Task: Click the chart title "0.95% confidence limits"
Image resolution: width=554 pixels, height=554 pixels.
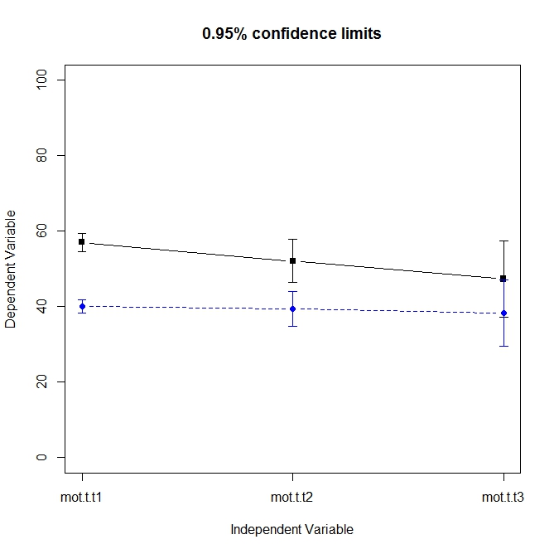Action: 291,34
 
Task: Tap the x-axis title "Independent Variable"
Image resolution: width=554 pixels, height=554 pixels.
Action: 291,530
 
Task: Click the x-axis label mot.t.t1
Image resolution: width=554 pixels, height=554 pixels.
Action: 82,498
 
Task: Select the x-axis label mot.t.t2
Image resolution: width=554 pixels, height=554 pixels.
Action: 292,498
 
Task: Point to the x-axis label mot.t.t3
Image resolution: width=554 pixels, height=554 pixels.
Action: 503,498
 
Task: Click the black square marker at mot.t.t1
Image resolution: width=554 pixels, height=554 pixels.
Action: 82,241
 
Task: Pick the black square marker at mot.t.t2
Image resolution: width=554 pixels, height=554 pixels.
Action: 292,260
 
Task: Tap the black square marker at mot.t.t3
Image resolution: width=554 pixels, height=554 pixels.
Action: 503,279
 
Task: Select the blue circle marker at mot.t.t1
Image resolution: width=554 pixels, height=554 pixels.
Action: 82,306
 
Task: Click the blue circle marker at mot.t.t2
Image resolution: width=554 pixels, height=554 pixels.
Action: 292,309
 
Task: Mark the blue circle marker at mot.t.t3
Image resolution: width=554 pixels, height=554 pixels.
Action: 503,313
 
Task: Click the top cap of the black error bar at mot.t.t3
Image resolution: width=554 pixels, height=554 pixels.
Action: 503,241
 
